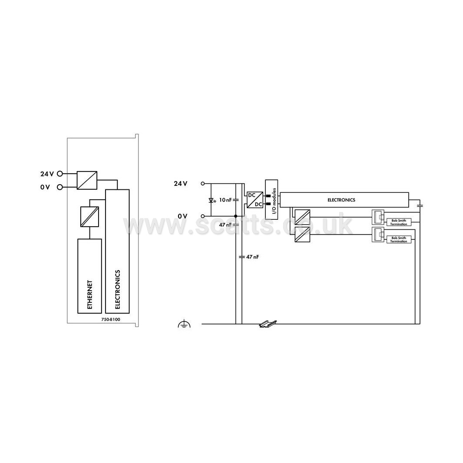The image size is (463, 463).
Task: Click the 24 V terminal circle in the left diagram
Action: point(60,174)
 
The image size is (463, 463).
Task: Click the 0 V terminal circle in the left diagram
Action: point(60,187)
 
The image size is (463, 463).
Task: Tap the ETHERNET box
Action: point(89,276)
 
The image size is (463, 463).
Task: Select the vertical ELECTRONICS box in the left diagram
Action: point(117,251)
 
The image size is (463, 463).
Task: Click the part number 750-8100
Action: point(111,319)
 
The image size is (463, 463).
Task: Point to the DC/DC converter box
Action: point(255,200)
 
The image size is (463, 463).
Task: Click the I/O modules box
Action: point(271,199)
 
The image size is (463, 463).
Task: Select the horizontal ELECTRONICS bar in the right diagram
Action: point(344,200)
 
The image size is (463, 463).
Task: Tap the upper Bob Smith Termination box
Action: point(399,222)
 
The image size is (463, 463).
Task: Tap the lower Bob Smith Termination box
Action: point(399,239)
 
